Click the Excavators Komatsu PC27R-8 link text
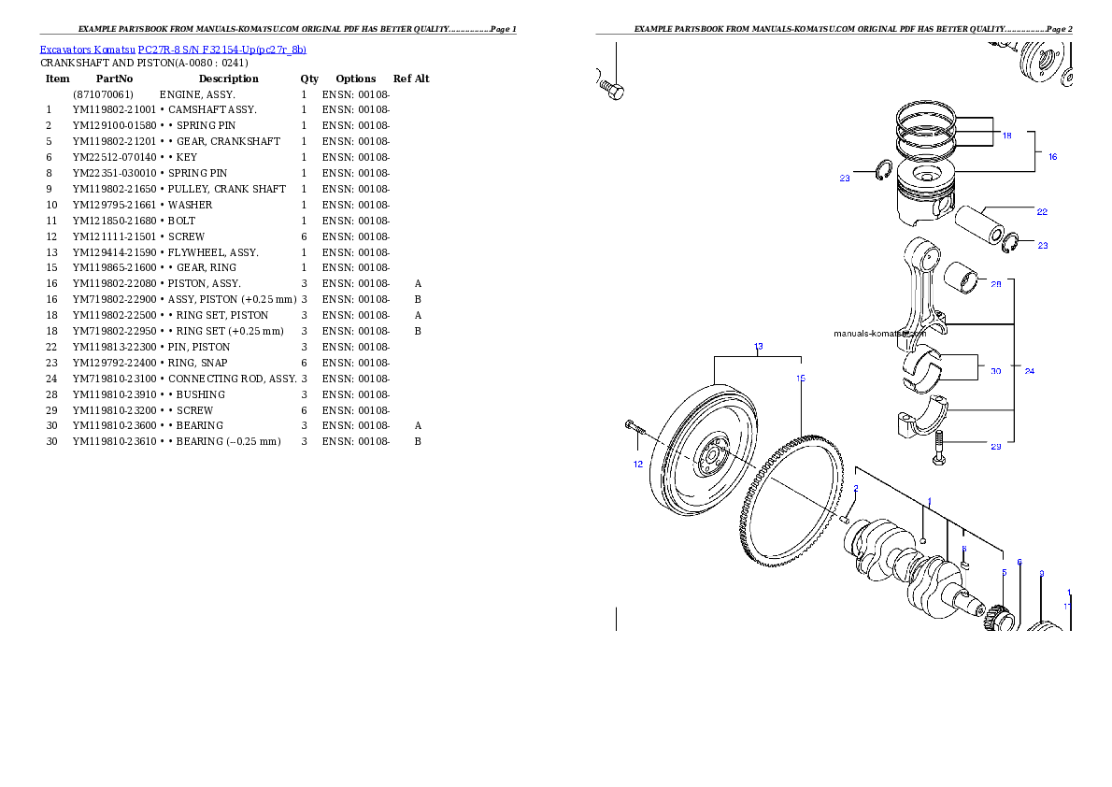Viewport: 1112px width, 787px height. coord(173,50)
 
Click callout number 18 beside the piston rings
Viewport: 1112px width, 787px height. coord(1006,136)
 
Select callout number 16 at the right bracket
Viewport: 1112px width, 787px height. coord(1052,157)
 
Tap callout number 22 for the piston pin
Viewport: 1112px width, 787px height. coord(1042,211)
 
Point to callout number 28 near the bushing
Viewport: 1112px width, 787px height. coord(995,284)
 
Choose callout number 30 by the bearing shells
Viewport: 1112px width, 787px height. coord(995,371)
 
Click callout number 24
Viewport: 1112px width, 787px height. coord(1029,371)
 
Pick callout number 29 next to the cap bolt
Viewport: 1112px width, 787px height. coord(995,446)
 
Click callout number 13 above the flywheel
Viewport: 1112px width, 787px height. coord(758,347)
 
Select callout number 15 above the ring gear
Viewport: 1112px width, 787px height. coord(801,379)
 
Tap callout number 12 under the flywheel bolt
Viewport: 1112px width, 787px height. coord(637,464)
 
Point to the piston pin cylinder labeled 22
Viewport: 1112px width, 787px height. coord(977,223)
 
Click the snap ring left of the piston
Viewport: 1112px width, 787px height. coord(881,172)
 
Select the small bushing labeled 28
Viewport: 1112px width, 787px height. coord(960,276)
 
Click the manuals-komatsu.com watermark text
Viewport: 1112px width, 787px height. coord(878,333)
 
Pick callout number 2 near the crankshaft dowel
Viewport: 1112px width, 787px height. coord(855,488)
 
